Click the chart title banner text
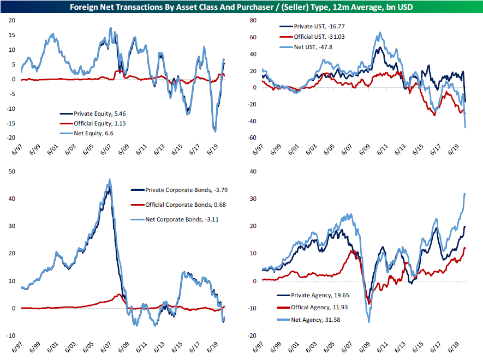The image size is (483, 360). [x=241, y=7]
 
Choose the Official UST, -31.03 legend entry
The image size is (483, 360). [x=309, y=36]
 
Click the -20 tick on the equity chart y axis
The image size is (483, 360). [x=12, y=138]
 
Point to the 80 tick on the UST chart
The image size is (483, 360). [x=253, y=20]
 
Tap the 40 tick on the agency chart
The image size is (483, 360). [x=253, y=172]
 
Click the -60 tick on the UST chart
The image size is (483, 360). [x=252, y=138]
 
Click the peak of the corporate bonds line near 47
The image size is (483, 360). [x=110, y=179]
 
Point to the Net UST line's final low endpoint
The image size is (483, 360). [x=466, y=127]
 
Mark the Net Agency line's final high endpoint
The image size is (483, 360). [x=465, y=194]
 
